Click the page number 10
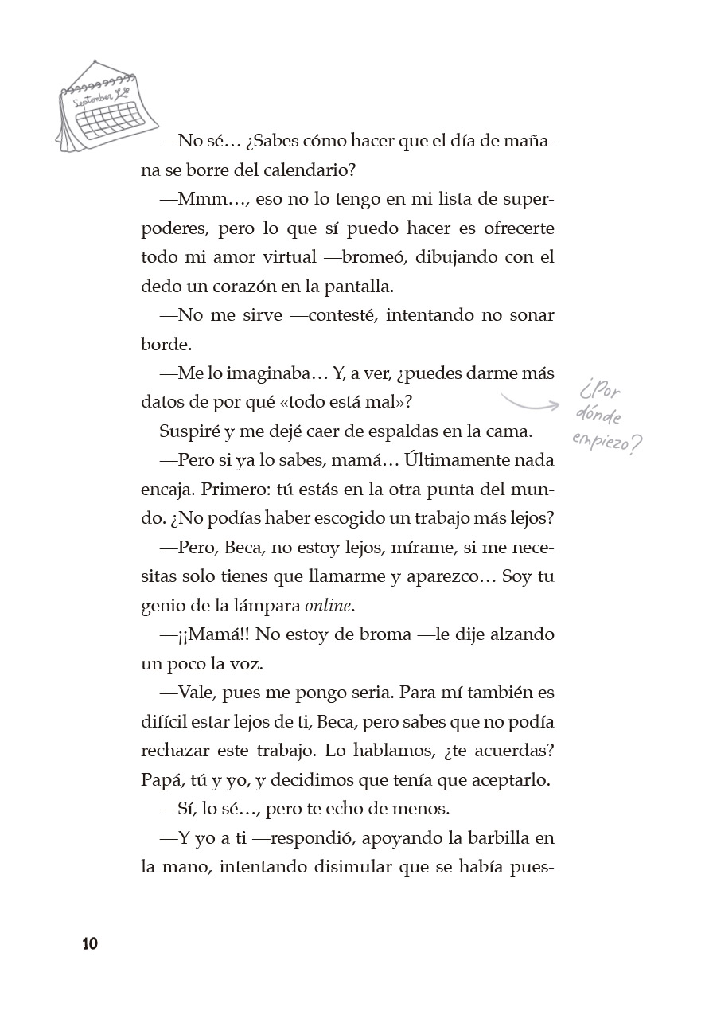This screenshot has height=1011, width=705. pyautogui.click(x=89, y=944)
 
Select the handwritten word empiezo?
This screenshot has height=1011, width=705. pyautogui.click(x=606, y=444)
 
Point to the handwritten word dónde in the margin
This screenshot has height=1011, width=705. pyautogui.click(x=600, y=416)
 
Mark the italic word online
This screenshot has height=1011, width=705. pyautogui.click(x=328, y=605)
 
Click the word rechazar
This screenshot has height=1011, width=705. pyautogui.click(x=175, y=751)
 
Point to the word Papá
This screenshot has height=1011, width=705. pyautogui.click(x=161, y=779)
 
